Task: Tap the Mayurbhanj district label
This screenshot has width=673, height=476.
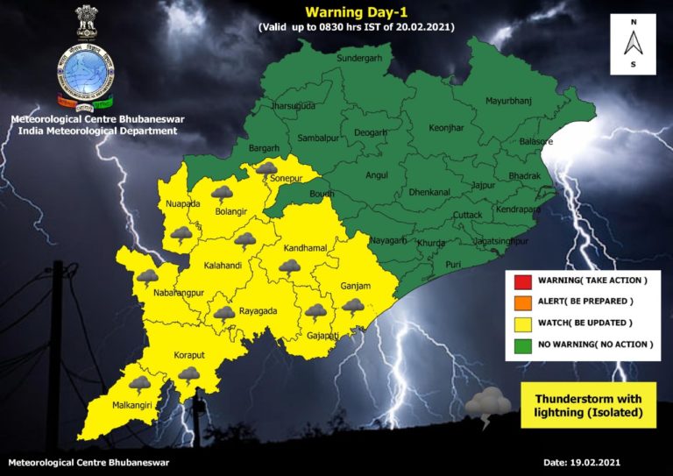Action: tap(509, 102)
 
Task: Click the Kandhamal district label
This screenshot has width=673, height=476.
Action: tap(306, 249)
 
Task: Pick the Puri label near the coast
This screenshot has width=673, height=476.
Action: tap(452, 263)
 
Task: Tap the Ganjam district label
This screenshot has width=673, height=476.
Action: tap(356, 287)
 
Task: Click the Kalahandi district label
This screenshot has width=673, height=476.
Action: tap(223, 264)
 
